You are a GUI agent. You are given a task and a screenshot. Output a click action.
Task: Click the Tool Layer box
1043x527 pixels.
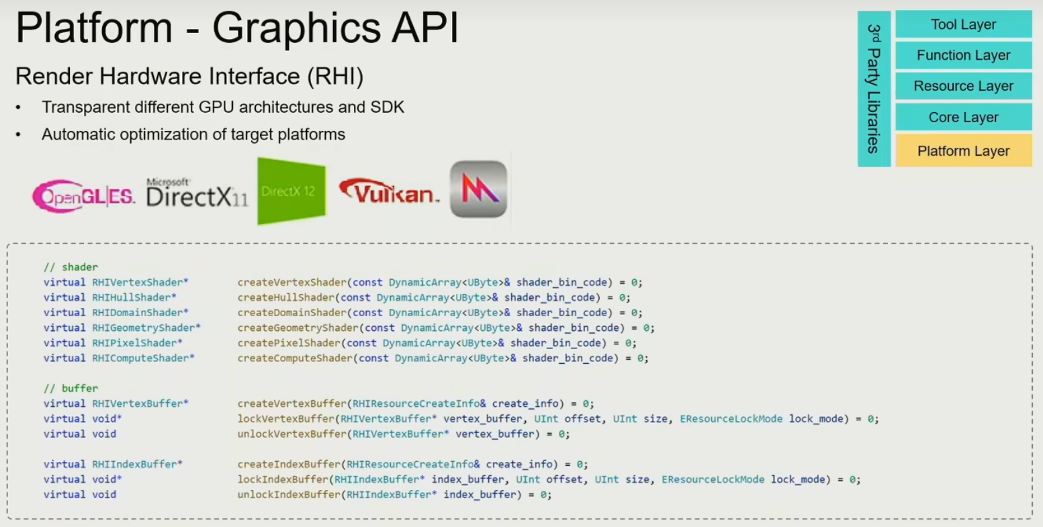(963, 25)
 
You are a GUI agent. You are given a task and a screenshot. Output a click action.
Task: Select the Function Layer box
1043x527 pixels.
(963, 56)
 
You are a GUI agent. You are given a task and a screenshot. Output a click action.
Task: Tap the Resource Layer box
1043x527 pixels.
(963, 87)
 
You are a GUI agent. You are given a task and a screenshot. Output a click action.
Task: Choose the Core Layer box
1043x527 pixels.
(963, 117)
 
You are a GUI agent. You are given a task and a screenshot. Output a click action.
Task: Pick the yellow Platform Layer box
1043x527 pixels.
(963, 151)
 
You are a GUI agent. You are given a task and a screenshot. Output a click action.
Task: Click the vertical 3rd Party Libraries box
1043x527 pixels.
(874, 89)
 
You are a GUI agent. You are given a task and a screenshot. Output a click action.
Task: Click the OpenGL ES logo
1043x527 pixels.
(83, 195)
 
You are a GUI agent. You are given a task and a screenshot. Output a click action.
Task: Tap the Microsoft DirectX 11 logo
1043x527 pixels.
(197, 193)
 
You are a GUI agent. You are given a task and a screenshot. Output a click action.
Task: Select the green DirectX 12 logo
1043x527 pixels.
(291, 191)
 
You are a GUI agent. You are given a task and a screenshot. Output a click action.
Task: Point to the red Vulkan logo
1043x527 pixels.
(389, 192)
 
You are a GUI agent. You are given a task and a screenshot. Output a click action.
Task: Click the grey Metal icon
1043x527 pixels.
(478, 189)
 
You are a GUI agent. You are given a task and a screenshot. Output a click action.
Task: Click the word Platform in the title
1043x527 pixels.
(93, 29)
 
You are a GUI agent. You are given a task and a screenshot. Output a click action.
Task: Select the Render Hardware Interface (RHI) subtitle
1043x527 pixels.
(189, 77)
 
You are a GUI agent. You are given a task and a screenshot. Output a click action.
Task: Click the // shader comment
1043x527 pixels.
(71, 267)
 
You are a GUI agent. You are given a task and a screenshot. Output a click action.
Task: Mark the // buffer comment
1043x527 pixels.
(71, 388)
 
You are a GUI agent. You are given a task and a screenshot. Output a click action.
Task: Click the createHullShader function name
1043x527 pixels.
(285, 297)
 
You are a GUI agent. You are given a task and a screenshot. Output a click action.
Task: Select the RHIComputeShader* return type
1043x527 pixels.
(143, 358)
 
